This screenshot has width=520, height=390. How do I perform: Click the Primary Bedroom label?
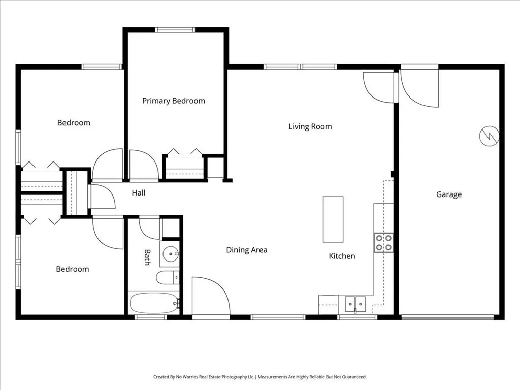pos(174,101)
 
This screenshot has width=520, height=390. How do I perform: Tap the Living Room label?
pos(310,126)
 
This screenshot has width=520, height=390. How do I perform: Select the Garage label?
pos(449,194)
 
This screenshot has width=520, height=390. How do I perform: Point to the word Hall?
pos(138,192)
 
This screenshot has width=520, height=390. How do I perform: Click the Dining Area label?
pos(247,250)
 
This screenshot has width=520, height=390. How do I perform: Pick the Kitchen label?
pos(342,256)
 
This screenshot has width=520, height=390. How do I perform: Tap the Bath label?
pos(147,257)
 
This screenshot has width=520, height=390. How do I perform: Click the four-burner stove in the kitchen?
pos(384,243)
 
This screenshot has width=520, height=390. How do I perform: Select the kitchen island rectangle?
pos(333,219)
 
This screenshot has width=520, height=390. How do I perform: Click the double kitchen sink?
pos(355,304)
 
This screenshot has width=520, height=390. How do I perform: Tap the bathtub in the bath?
pos(154,303)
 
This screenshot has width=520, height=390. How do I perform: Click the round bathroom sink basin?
pos(171,254)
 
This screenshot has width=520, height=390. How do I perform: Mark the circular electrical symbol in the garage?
pos(489,136)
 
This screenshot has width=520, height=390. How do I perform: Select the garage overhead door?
pos(447,318)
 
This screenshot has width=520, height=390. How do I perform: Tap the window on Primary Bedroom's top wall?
pos(175,30)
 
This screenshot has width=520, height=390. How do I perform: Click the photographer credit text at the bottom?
pos(260,377)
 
